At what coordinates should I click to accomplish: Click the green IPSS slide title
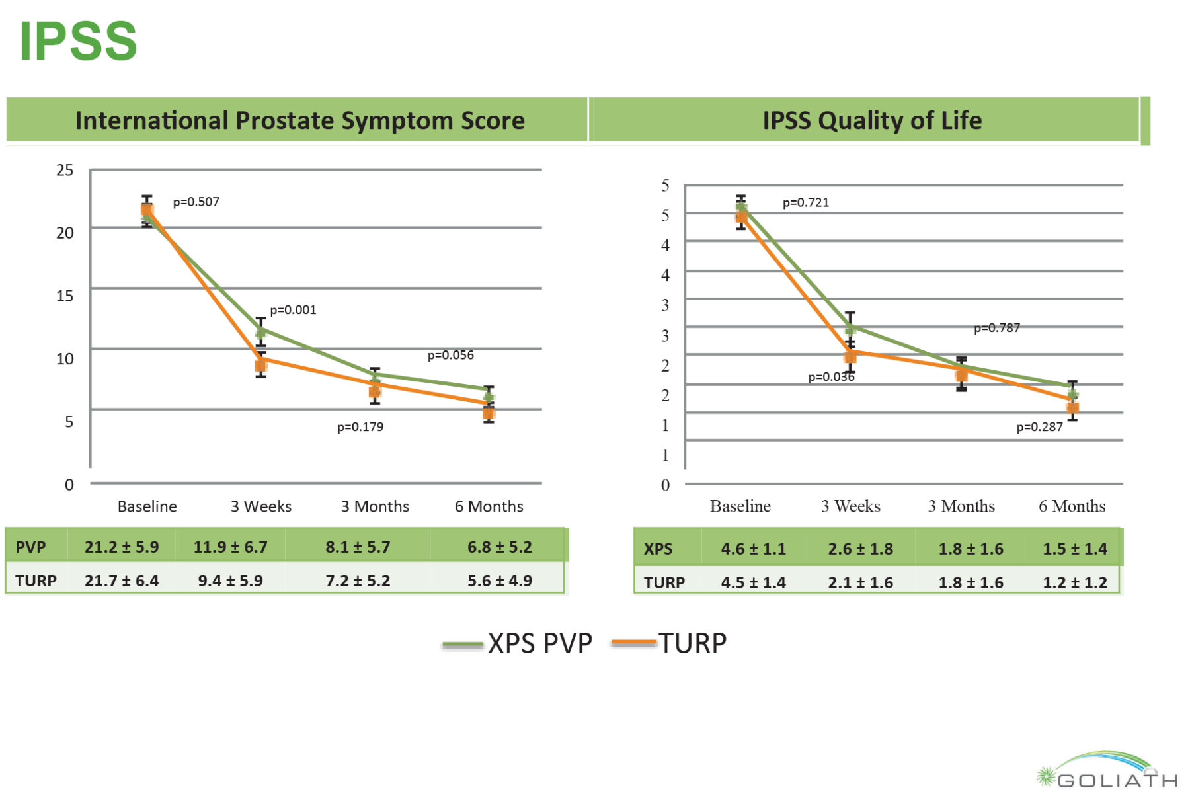(x=78, y=41)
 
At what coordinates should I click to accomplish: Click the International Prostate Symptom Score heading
(x=299, y=120)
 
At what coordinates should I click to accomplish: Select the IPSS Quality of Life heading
(x=871, y=120)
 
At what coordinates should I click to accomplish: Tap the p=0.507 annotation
(x=196, y=202)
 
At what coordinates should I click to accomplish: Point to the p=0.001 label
(x=293, y=310)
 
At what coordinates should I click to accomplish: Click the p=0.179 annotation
(x=360, y=427)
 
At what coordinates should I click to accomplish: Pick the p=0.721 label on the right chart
(x=805, y=202)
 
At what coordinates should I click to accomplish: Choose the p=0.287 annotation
(x=1039, y=427)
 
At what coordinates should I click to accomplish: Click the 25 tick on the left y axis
(x=65, y=171)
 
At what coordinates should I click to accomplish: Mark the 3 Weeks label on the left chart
(x=260, y=506)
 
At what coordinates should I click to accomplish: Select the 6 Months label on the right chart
(x=1072, y=506)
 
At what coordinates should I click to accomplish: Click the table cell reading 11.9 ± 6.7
(x=230, y=547)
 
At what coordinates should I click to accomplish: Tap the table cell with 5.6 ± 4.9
(x=499, y=581)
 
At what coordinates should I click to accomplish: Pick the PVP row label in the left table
(x=30, y=547)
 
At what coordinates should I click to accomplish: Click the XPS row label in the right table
(x=658, y=549)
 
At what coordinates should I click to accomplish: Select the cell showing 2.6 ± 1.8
(x=860, y=549)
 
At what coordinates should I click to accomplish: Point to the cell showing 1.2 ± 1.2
(x=1074, y=582)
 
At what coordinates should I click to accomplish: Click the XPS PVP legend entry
(x=518, y=643)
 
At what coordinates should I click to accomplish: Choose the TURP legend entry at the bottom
(x=670, y=643)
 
